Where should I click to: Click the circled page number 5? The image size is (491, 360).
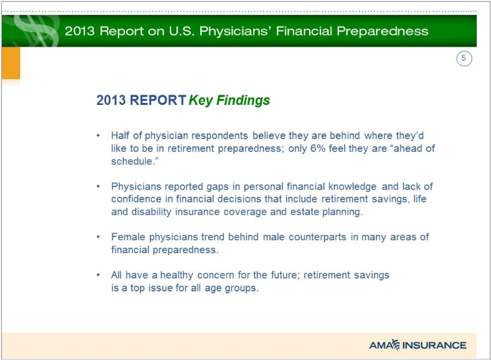(464, 58)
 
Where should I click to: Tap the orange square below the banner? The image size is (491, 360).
(11, 63)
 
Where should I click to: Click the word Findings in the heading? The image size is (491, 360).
(243, 101)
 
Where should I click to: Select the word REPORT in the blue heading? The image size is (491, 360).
(158, 100)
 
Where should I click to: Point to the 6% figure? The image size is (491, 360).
(318, 148)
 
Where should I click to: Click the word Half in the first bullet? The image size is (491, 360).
(120, 135)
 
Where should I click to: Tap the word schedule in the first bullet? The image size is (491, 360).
(131, 161)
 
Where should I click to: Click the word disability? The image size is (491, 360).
(151, 212)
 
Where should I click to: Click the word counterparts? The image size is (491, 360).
(317, 237)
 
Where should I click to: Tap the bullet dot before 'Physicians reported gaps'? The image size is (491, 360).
(98, 186)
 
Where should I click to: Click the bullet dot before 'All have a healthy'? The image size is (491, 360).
(98, 275)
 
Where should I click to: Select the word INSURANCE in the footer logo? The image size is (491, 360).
(435, 345)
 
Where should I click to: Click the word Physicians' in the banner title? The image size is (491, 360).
(236, 31)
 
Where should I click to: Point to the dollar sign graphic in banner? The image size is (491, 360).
(36, 30)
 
